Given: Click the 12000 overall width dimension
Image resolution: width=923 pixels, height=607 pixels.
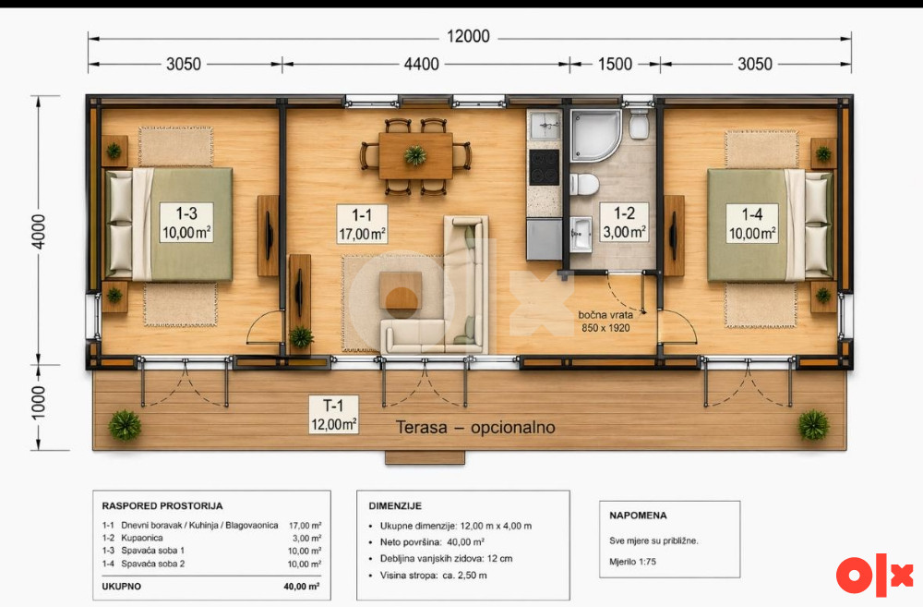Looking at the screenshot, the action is (x=468, y=37).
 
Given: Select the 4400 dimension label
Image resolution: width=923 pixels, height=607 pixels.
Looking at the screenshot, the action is (x=422, y=65).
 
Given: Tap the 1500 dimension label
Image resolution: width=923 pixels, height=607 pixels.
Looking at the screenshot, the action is (x=615, y=65).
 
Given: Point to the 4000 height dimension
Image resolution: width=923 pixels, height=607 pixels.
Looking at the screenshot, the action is (x=38, y=232).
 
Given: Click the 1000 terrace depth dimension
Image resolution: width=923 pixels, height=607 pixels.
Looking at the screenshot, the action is (x=38, y=403).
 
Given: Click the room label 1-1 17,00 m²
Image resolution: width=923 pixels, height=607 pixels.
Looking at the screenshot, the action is (x=362, y=224).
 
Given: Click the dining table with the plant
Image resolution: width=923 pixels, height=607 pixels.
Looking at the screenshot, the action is (x=415, y=155).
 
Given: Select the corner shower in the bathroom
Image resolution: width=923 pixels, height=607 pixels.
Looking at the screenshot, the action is (x=595, y=135).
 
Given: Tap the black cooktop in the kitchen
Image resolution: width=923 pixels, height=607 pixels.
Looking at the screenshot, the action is (x=544, y=167).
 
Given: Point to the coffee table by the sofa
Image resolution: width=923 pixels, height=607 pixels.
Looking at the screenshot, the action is (x=401, y=290).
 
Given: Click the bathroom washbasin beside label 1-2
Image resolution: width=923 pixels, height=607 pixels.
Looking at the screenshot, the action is (x=581, y=233).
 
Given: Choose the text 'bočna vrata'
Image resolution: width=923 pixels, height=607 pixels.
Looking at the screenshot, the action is (x=605, y=315).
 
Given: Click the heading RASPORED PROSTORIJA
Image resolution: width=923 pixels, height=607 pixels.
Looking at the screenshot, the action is (x=162, y=505).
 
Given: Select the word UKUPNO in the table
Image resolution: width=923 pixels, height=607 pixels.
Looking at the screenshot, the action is (x=121, y=587).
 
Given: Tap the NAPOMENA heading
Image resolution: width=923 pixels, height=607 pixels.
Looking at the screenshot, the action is (x=638, y=515).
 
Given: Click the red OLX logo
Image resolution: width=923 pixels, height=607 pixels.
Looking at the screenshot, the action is (x=875, y=575).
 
